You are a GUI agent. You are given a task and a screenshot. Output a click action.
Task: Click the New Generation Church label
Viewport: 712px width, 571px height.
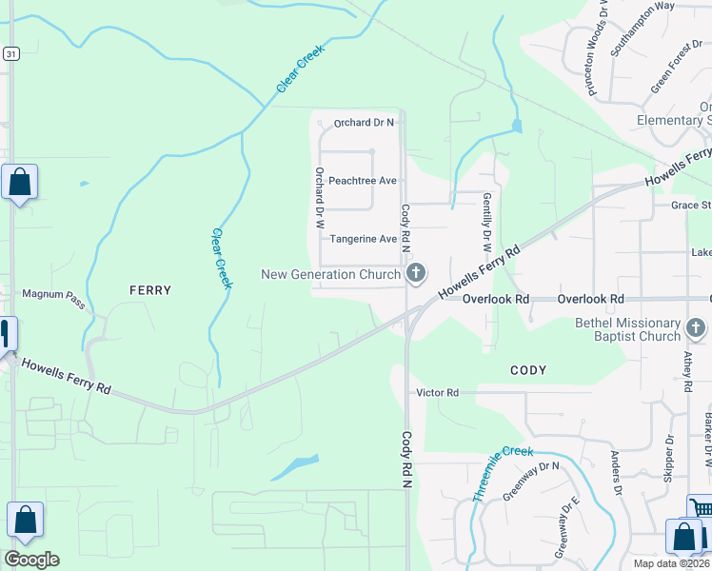(x=330, y=275)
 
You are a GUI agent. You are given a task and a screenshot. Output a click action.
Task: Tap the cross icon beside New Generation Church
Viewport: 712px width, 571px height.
(x=415, y=274)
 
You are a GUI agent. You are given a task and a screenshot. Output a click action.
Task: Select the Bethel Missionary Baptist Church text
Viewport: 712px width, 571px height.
(x=628, y=329)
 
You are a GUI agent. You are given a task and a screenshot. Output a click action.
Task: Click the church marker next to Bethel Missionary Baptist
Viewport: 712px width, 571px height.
(x=697, y=329)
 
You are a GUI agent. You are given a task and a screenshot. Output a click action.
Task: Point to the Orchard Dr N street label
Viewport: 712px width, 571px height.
(x=364, y=123)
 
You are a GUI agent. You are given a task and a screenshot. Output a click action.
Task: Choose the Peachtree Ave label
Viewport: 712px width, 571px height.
(x=362, y=181)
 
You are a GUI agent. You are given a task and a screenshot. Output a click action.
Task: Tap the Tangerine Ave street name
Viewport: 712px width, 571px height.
(x=362, y=239)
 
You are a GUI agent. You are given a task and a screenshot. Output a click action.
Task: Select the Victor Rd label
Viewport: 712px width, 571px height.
(x=437, y=392)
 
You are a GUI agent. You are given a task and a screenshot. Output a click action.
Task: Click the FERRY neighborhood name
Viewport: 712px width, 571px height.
(x=149, y=290)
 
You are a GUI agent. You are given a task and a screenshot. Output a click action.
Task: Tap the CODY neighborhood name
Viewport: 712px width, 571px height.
(x=528, y=370)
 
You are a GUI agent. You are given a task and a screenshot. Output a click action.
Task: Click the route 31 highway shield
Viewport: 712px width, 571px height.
(x=10, y=54)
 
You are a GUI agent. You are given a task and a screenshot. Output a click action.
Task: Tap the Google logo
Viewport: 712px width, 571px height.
(x=31, y=560)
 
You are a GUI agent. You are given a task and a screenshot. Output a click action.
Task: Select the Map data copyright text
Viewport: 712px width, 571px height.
(x=671, y=563)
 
